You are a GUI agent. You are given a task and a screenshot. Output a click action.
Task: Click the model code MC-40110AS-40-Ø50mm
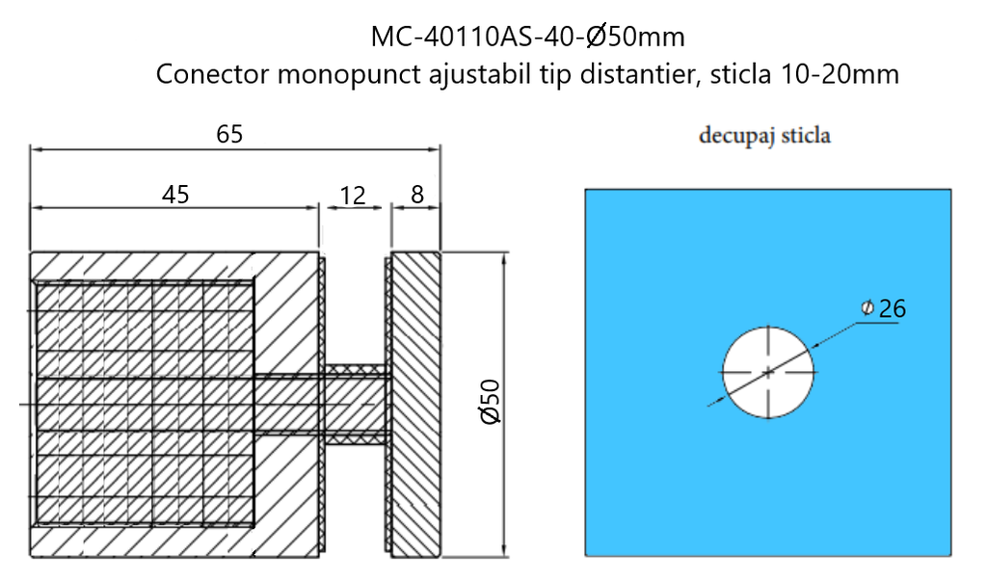tap(527, 38)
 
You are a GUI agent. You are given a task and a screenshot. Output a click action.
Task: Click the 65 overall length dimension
tap(229, 135)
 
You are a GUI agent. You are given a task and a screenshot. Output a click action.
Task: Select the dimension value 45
tap(174, 195)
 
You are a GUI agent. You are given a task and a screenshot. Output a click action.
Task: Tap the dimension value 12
tap(353, 196)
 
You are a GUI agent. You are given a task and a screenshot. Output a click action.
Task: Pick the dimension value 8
tap(416, 195)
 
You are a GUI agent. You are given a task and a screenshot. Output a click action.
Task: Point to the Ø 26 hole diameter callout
tap(884, 308)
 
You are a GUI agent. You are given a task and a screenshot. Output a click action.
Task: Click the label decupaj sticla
tap(765, 136)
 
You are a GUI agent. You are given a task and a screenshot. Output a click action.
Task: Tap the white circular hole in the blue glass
tap(768, 371)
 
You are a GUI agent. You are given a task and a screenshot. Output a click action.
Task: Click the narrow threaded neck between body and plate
tap(355, 404)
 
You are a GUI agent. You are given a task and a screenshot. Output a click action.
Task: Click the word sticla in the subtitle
tap(738, 75)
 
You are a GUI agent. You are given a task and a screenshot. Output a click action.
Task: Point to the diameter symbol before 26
tap(867, 308)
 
